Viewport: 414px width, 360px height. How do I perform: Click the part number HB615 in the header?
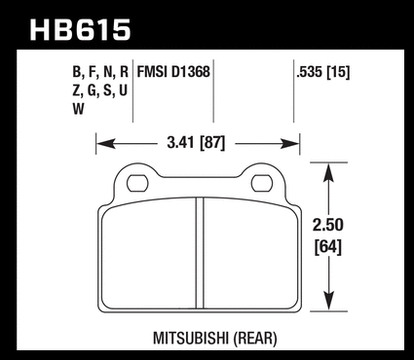[80, 30]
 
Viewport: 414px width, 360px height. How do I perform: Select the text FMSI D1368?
[173, 72]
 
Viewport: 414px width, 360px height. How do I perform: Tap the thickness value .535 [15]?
[323, 72]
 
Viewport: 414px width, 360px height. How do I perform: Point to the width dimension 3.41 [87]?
[196, 143]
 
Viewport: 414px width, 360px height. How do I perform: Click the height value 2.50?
[328, 225]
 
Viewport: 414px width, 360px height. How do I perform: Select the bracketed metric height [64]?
[328, 247]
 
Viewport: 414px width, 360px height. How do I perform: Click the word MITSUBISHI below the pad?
[191, 339]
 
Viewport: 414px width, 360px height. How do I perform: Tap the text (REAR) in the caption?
[255, 339]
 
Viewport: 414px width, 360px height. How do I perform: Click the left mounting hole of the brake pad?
[137, 184]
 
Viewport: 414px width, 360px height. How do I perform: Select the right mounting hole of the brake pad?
[262, 184]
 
